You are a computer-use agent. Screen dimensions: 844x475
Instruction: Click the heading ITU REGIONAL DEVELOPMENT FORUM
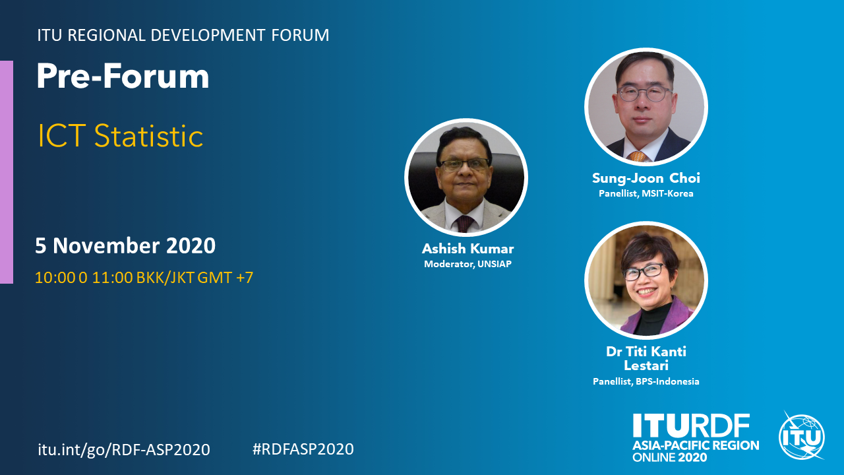click(183, 35)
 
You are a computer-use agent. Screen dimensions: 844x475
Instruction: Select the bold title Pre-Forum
click(123, 76)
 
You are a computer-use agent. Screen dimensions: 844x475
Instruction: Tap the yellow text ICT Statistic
click(121, 136)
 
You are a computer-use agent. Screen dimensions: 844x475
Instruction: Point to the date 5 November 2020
click(125, 246)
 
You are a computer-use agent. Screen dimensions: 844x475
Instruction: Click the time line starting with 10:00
click(144, 278)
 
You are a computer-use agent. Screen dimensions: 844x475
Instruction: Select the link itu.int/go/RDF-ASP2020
click(124, 449)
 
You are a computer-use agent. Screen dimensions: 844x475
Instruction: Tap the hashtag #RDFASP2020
click(303, 449)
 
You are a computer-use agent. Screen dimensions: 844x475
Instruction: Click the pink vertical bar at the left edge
click(7, 172)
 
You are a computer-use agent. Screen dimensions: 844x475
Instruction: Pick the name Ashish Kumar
click(467, 249)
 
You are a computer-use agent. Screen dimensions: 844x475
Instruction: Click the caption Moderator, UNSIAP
click(467, 264)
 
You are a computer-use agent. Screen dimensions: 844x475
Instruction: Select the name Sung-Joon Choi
click(646, 178)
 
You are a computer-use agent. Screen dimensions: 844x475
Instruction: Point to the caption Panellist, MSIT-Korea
click(646, 193)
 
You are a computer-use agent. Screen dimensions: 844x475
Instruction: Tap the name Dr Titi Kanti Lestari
click(646, 358)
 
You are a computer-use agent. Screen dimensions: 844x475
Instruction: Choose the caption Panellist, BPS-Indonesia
click(646, 381)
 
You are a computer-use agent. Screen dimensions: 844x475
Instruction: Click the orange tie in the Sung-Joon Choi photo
click(637, 156)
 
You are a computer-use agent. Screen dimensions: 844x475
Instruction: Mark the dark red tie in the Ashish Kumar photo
click(464, 224)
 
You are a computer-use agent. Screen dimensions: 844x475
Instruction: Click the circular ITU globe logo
click(801, 436)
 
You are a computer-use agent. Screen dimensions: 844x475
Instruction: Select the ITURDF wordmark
click(691, 426)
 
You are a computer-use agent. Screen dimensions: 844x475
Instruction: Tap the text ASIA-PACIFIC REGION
click(696, 445)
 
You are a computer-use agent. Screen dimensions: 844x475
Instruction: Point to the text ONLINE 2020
click(669, 457)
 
